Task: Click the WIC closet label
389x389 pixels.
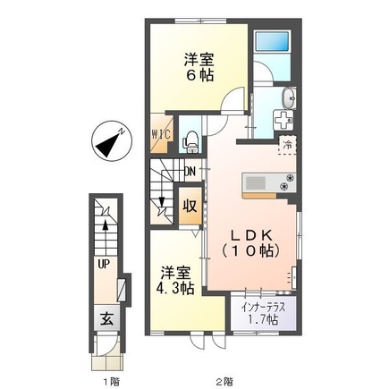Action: (x=162, y=134)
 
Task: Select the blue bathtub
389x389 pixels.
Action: (x=273, y=41)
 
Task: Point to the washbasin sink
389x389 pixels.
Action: (x=289, y=98)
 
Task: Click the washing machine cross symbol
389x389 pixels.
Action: (x=283, y=120)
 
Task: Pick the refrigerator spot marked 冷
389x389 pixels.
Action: (x=287, y=146)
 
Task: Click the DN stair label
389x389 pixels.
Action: (x=190, y=172)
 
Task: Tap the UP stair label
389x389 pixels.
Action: (x=104, y=264)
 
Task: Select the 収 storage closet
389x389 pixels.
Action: (x=190, y=206)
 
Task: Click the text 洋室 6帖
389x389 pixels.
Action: (x=199, y=67)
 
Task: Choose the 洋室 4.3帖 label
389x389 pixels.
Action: (x=175, y=280)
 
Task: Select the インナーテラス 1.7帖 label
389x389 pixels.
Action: (x=264, y=314)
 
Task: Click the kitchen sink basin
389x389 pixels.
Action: (x=255, y=182)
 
